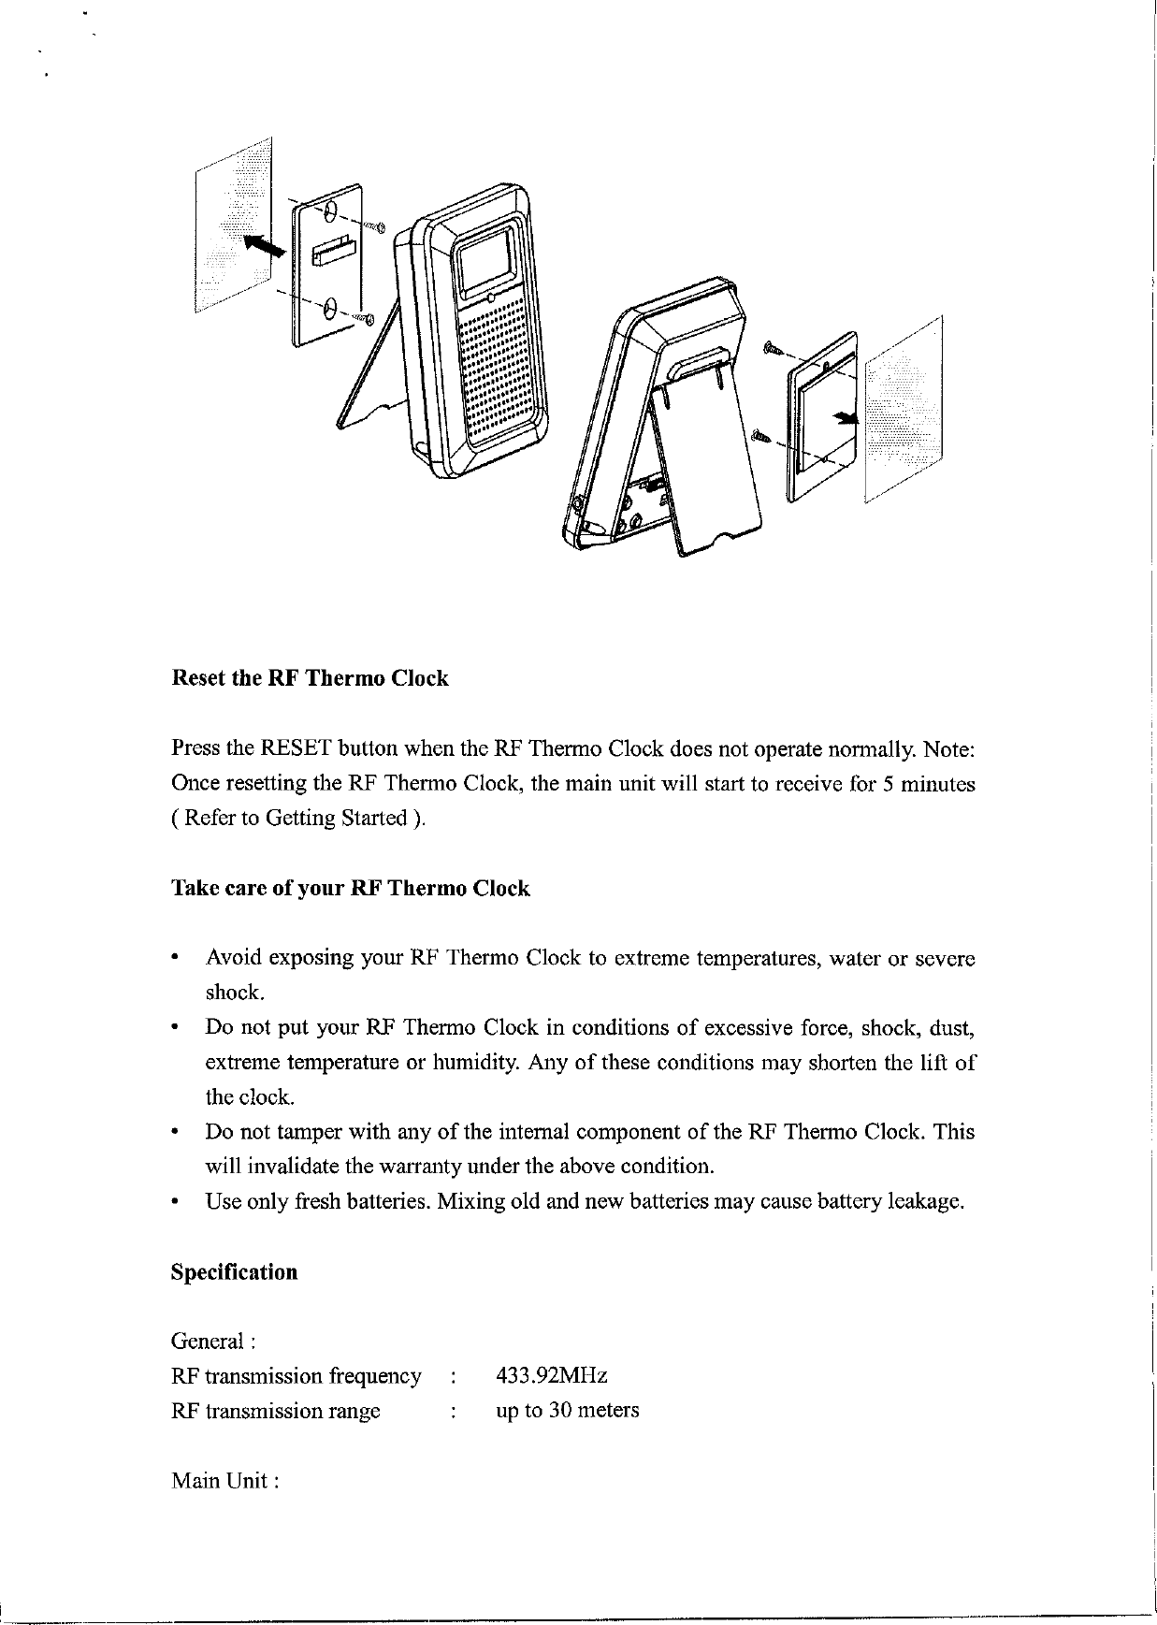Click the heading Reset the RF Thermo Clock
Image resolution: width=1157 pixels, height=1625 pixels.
point(310,678)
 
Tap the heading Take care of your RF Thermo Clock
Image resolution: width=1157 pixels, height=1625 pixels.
point(351,888)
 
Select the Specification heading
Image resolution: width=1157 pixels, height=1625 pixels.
point(234,1272)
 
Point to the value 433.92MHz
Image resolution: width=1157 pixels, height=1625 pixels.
point(552,1376)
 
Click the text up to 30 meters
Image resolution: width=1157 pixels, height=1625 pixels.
point(567,1410)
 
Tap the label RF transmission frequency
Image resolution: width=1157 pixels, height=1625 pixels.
point(296,1376)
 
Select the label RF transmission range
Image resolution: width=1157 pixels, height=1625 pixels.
point(275,1410)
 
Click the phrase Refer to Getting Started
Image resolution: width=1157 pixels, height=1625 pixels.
point(296,819)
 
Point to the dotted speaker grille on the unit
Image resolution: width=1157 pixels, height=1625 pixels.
point(501,370)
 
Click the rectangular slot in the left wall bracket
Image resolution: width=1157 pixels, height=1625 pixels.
point(335,252)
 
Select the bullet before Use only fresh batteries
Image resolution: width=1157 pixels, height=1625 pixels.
point(175,1201)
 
